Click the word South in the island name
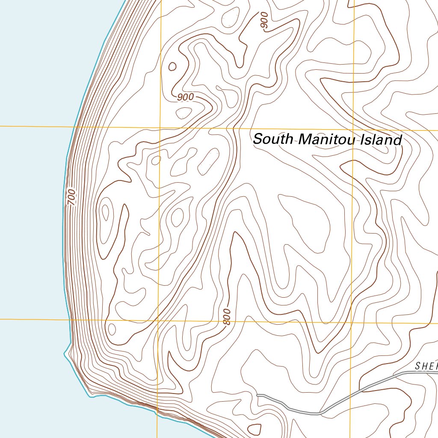tap(272, 139)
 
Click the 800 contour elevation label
tap(227, 317)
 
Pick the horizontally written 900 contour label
tap(185, 97)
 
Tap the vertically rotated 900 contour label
tap(264, 21)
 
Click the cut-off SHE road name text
tap(426, 366)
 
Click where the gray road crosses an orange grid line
tap(350, 396)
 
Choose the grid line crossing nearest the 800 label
tap(158, 320)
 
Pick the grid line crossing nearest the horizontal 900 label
tap(160, 127)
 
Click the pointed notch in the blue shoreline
tap(65, 354)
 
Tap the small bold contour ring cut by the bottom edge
tap(255, 429)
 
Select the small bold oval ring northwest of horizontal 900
tap(172, 66)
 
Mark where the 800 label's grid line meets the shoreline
tap(69, 319)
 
